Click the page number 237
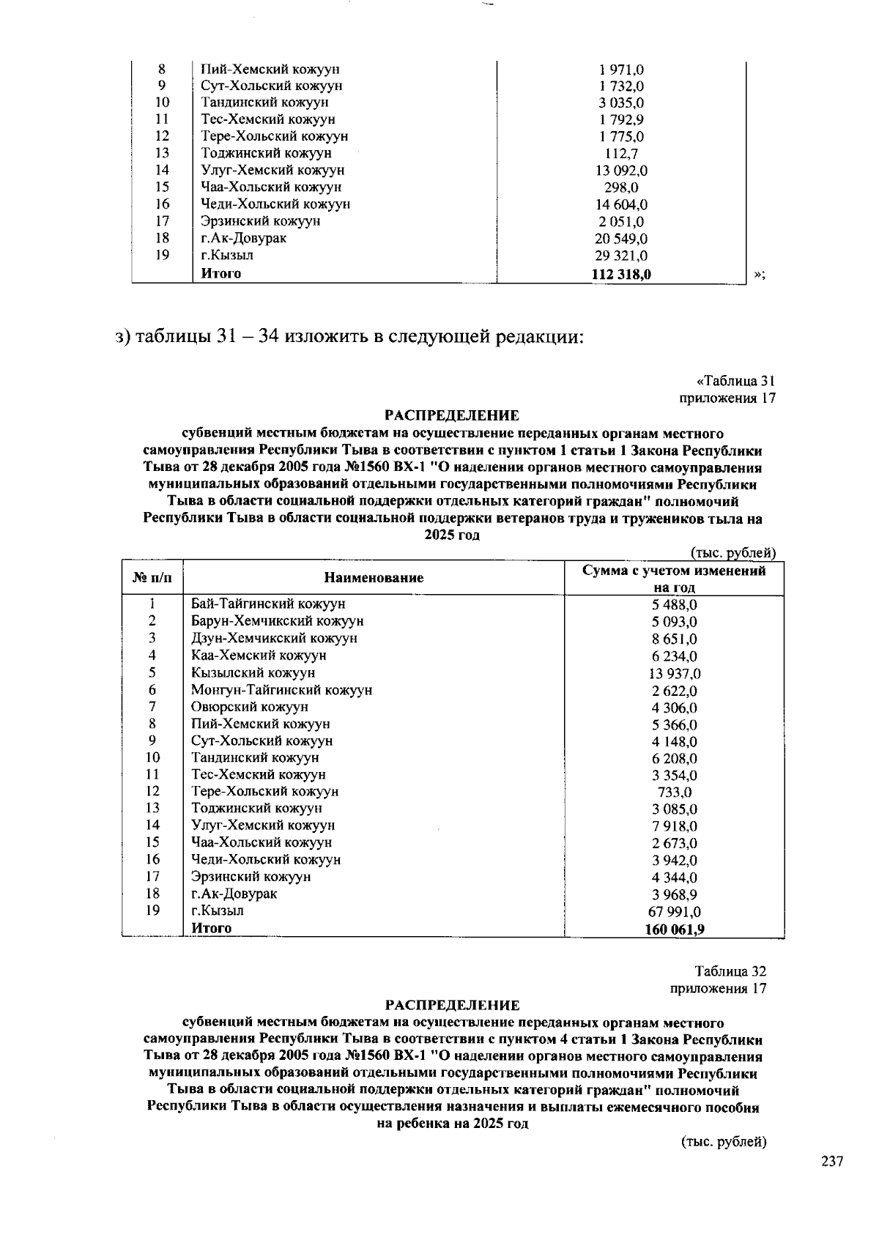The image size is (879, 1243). pos(832,1162)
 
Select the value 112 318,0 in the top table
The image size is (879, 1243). pos(621,274)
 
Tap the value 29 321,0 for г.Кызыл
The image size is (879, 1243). pos(621,256)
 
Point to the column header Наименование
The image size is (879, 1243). pos(374,578)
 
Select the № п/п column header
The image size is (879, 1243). pos(152,578)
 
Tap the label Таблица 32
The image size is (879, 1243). pos(730,971)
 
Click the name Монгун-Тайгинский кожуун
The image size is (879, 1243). pos(281,690)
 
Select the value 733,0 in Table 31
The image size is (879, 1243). pos(675,793)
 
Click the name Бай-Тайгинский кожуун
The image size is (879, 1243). pos(268,604)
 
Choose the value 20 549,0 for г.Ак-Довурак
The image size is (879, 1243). pos(621,239)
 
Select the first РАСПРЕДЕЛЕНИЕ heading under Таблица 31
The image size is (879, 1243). pos(453,416)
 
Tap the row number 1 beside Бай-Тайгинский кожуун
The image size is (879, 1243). pos(152,604)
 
